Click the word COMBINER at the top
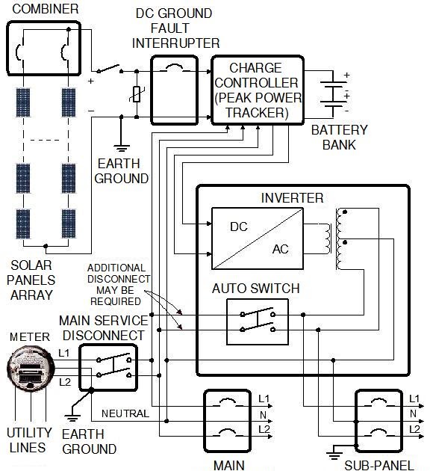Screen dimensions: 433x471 point(46,9)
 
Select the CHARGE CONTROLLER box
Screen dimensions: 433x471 point(258,90)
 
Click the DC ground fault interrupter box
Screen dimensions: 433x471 point(174,90)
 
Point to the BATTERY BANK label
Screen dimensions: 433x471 point(339,138)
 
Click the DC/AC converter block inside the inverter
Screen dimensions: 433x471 point(258,238)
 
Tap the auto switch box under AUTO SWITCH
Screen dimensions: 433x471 point(258,321)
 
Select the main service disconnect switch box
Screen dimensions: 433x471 point(108,367)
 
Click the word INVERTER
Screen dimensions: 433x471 point(292,198)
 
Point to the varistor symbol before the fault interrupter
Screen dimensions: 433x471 point(137,93)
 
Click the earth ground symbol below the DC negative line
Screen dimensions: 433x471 point(121,148)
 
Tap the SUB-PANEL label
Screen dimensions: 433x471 point(379,465)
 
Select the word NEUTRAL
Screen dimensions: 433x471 point(125,413)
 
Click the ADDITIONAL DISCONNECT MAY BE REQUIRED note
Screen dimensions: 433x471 point(118,284)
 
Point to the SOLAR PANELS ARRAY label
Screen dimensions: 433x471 point(31,280)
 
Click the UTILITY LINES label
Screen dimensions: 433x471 point(29,440)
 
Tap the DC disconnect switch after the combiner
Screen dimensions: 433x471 point(108,69)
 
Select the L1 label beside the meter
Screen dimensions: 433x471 point(64,353)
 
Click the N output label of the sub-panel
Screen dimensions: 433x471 point(413,413)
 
